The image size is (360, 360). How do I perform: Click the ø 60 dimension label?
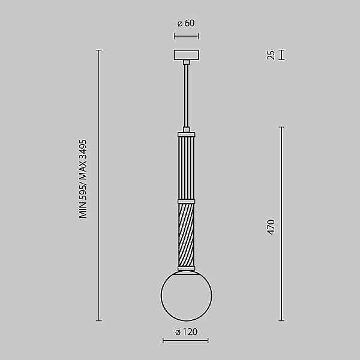(186, 23)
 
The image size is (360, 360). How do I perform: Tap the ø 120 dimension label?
(186, 332)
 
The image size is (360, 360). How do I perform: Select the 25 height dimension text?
(271, 55)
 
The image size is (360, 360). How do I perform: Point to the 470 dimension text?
(271, 227)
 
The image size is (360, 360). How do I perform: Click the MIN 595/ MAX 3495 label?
(83, 179)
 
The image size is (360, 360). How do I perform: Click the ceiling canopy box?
(186, 55)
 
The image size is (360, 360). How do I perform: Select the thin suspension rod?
(186, 95)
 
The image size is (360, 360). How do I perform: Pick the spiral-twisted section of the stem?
(186, 235)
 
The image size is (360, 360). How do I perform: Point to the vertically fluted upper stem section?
(186, 168)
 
